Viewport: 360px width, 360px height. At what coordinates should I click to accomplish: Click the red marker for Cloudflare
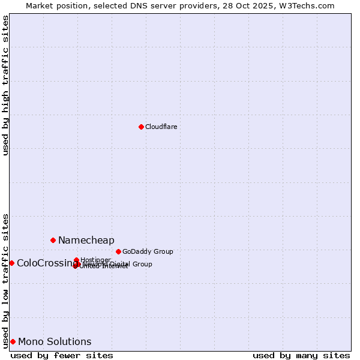141,127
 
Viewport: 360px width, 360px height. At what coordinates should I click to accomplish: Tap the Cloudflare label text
161,127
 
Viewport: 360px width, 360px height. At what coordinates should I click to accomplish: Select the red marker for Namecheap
53,240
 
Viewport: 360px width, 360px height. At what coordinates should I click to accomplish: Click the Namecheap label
86,241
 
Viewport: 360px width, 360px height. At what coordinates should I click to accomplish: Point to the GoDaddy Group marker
118,251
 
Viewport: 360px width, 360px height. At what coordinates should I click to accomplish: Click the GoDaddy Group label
148,252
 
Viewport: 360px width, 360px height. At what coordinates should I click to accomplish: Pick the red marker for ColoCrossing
11,263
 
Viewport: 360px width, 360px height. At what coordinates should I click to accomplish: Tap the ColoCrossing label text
46,263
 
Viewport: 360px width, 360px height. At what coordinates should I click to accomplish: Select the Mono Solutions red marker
13,341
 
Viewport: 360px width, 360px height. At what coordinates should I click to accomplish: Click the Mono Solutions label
55,342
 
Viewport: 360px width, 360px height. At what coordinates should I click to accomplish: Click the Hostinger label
95,260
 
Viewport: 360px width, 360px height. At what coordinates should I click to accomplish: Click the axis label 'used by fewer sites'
62,355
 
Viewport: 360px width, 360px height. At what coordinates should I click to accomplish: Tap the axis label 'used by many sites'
301,355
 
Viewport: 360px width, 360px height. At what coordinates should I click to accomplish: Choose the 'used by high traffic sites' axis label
5,85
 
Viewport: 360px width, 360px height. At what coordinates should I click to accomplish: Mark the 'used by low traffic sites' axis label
5,280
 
